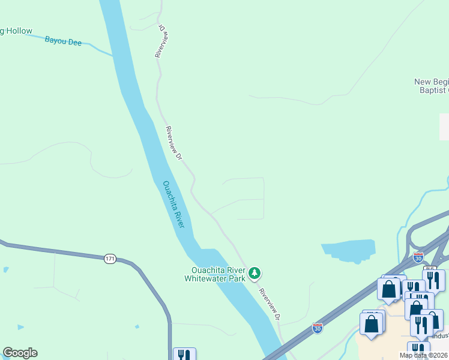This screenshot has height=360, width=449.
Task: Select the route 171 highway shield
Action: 109,259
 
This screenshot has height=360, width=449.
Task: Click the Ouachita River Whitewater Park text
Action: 215,274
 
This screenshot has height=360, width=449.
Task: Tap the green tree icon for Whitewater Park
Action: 255,274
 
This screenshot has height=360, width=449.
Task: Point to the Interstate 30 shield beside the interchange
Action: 418,257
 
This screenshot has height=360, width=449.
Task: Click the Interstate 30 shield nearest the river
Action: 318,328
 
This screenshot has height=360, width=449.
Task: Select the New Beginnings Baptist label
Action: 431,86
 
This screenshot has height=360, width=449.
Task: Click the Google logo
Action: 20,353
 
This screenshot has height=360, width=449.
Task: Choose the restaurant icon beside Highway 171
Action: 184,356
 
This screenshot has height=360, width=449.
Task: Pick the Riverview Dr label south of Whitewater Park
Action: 270,304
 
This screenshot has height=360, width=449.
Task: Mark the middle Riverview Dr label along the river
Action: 173,143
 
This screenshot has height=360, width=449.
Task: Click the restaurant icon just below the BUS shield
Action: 433,280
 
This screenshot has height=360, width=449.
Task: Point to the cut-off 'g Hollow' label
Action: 16,31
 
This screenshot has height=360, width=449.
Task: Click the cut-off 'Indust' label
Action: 439,336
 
